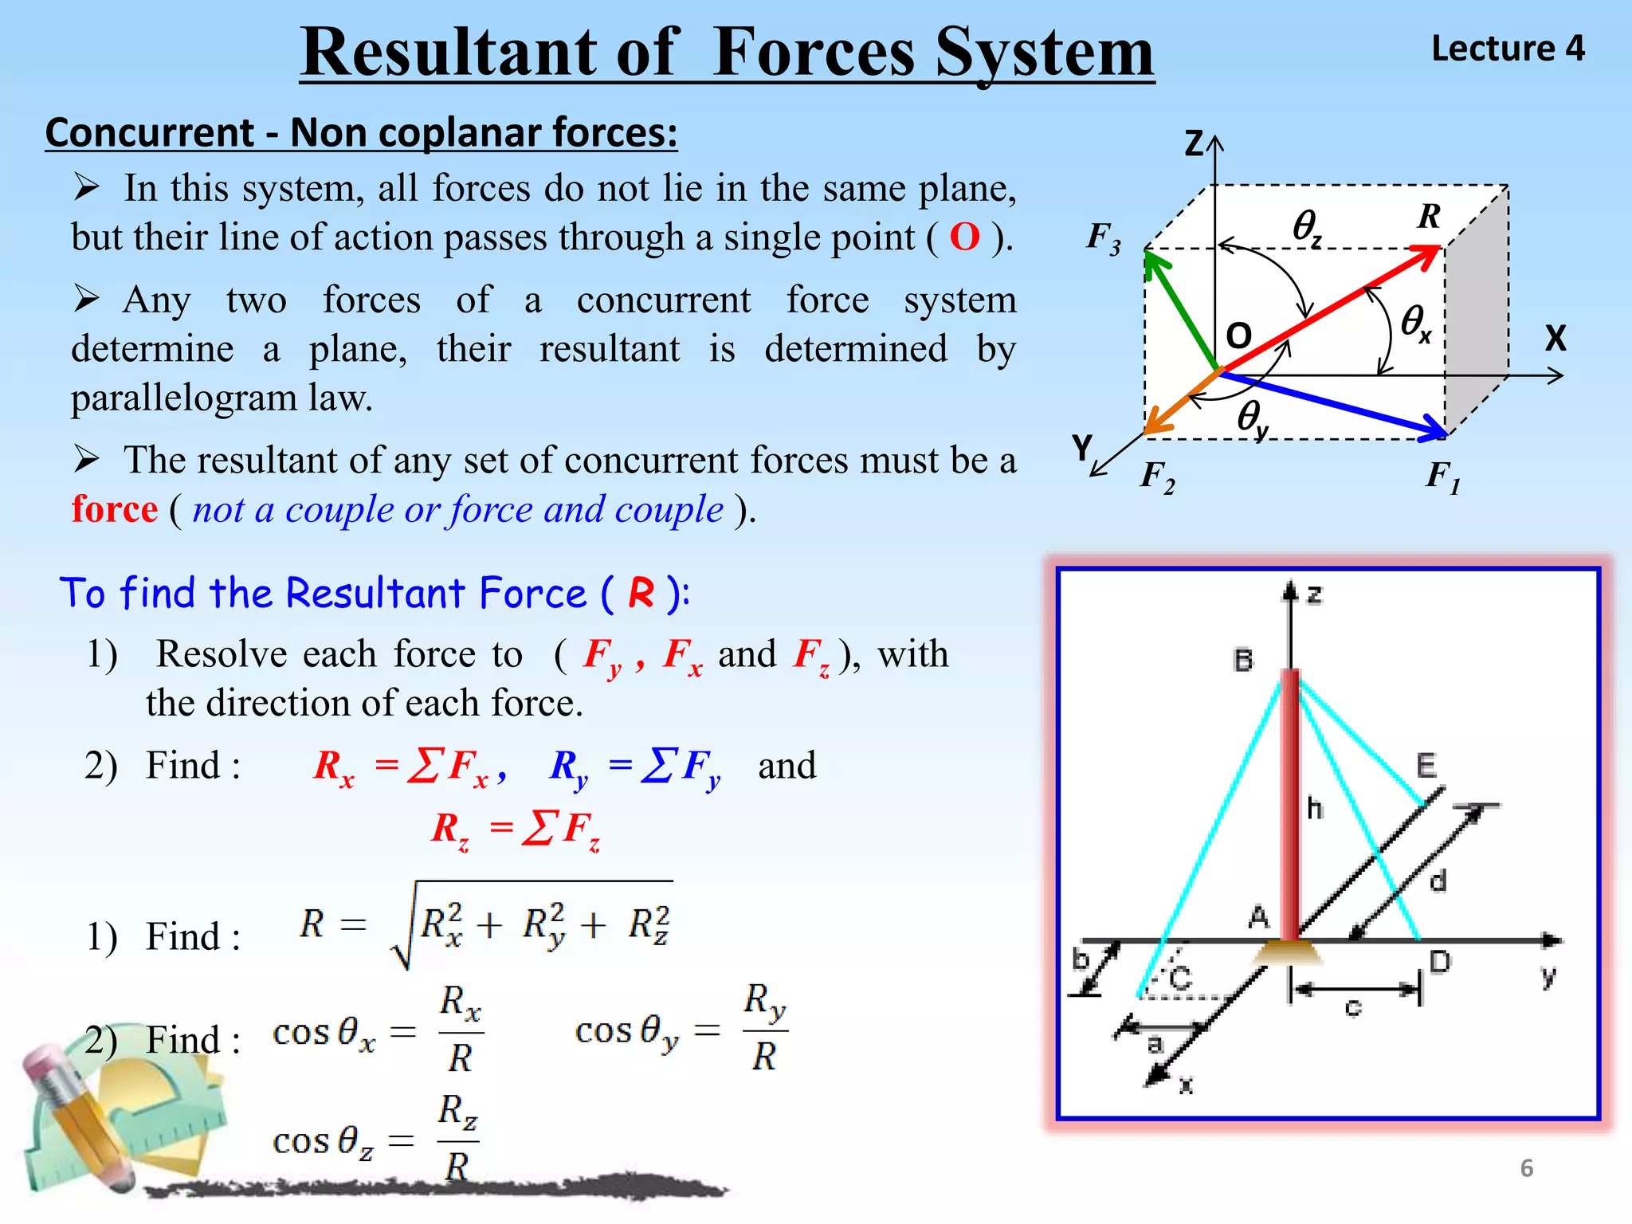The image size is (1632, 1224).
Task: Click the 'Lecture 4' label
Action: [x=1508, y=49]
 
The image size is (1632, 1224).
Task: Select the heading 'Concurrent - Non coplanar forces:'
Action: [x=361, y=132]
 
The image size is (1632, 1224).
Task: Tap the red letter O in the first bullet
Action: [x=964, y=237]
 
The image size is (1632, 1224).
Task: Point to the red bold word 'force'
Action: [x=115, y=509]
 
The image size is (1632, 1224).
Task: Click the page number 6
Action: [x=1527, y=1168]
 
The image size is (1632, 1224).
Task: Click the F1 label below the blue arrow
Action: [x=1443, y=477]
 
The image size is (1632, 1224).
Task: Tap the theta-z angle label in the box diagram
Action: [x=1307, y=227]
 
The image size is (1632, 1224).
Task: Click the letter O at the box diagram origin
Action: [x=1238, y=335]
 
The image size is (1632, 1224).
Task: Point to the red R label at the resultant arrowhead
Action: [x=1430, y=216]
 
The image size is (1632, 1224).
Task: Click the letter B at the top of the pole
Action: [x=1243, y=660]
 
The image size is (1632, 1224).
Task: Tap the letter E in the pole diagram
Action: [x=1426, y=766]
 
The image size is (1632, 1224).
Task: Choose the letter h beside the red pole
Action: [x=1315, y=809]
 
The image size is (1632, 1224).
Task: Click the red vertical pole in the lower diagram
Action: [x=1290, y=805]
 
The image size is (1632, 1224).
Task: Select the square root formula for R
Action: [x=487, y=925]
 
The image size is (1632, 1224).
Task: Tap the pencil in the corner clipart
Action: [x=80, y=1116]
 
